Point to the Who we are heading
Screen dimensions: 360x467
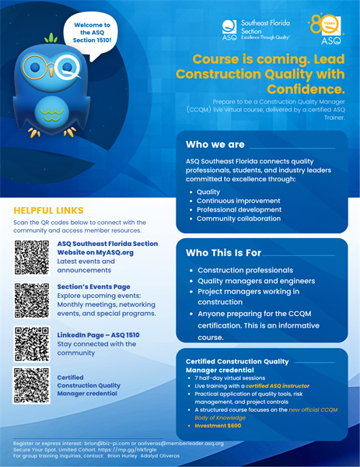215,144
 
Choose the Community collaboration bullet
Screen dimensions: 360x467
239,218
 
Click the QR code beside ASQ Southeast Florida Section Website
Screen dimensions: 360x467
32,258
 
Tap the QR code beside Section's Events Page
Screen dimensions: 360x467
32,300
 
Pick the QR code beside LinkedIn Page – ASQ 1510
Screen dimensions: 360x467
32,344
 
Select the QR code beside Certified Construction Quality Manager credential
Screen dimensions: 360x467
32,384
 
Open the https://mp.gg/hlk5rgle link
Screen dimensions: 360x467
136,449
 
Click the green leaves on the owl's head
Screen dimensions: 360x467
51,37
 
